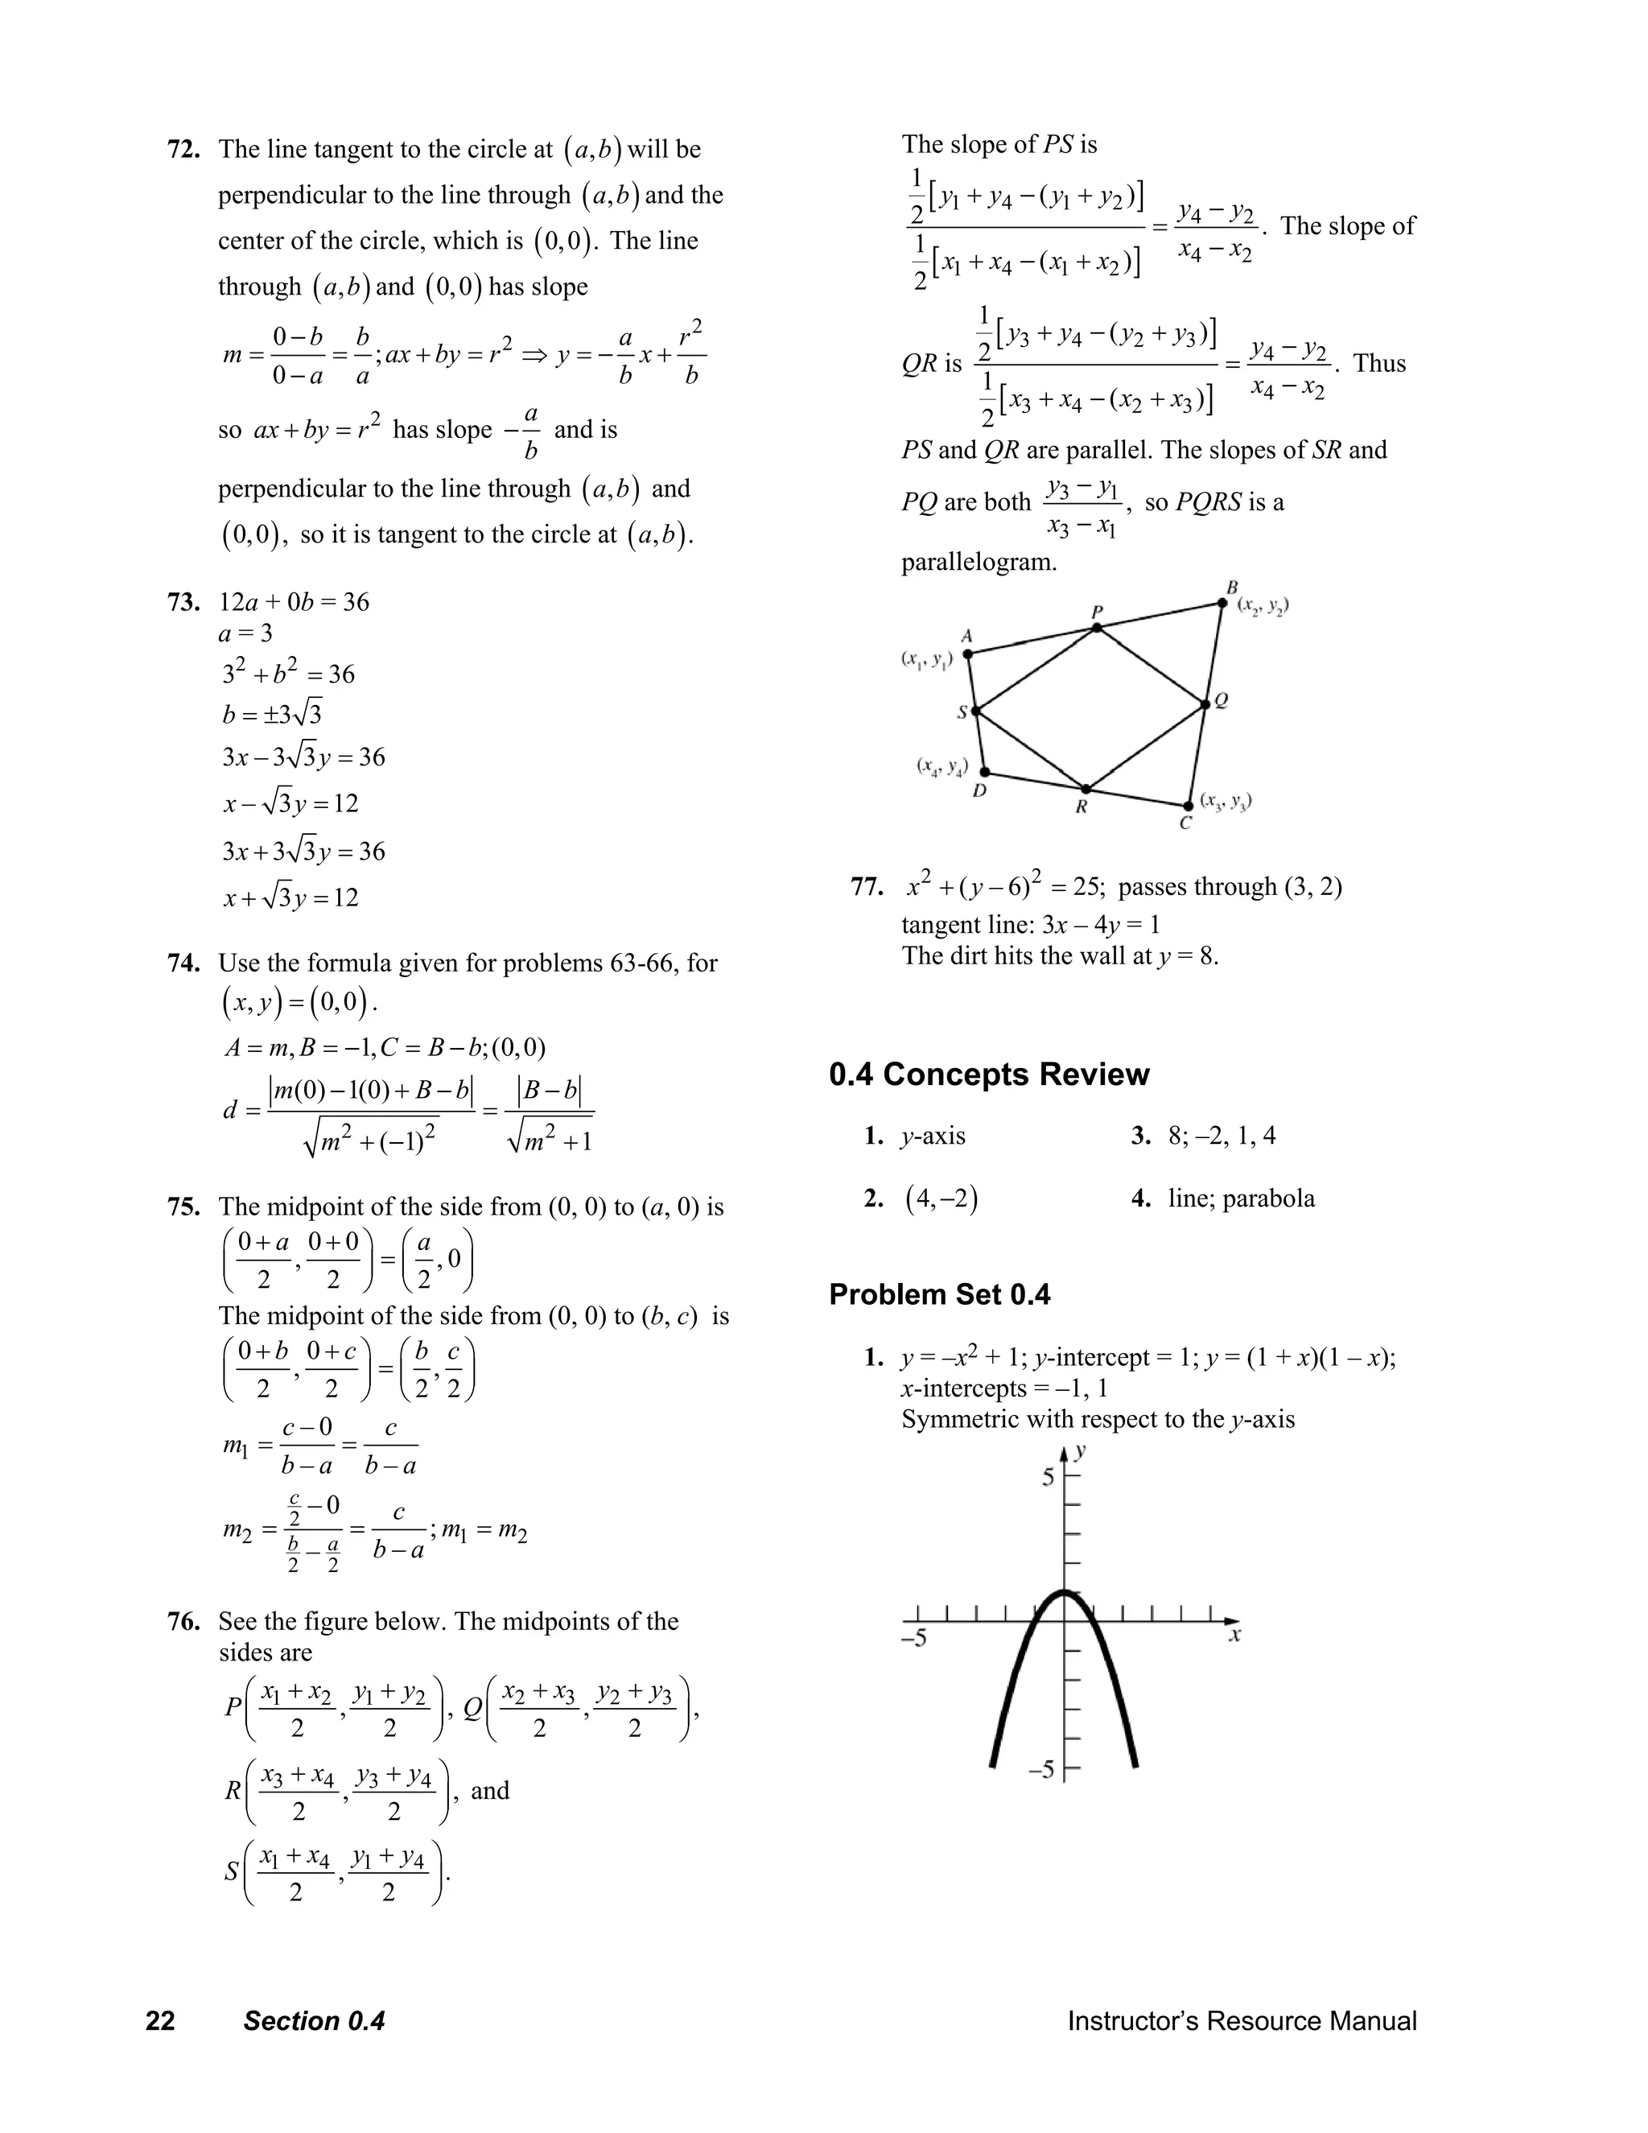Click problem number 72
coord(183,150)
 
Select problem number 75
coord(183,1207)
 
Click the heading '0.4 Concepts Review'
coord(989,1075)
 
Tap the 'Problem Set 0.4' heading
coord(939,1295)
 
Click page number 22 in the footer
coord(160,2020)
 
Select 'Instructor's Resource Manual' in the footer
coord(1241,2020)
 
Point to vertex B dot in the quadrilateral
coord(1222,603)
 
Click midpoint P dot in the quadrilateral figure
coord(1097,628)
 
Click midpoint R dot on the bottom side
coord(1084,788)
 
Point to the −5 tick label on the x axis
coord(915,1638)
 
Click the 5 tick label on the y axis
coord(1048,1478)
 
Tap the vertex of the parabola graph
coord(1064,1593)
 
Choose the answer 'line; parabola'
coord(1241,1199)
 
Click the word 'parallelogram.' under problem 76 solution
coord(978,563)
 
